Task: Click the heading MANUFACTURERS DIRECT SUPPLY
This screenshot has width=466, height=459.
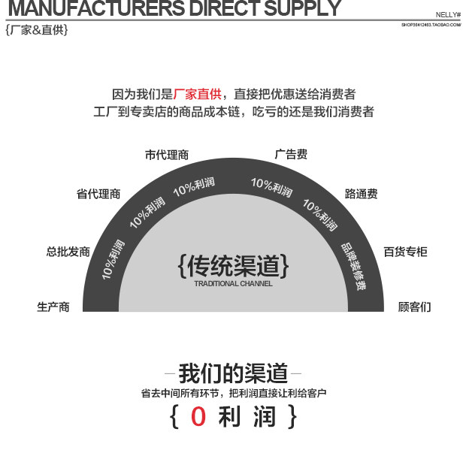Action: click(x=173, y=9)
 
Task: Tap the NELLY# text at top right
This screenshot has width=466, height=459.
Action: click(x=448, y=14)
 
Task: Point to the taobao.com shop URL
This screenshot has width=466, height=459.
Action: click(x=431, y=25)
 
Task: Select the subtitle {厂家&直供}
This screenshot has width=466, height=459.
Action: click(x=36, y=31)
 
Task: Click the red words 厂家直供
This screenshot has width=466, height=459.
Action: click(x=197, y=95)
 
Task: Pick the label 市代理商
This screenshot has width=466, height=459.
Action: click(x=167, y=156)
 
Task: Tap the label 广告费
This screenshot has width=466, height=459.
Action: click(x=291, y=155)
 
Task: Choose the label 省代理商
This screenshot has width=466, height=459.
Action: click(x=98, y=194)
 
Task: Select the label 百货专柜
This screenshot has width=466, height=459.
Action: click(x=405, y=252)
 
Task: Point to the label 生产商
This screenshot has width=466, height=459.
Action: click(x=53, y=307)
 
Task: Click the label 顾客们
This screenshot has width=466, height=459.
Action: click(x=414, y=307)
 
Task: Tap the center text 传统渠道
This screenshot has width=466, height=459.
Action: click(x=233, y=266)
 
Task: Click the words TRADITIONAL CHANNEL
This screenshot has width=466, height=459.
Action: click(x=233, y=284)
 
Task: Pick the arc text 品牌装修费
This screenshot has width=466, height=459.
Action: click(x=353, y=267)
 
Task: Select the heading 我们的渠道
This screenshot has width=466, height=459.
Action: click(x=233, y=373)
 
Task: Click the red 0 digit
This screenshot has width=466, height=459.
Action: click(x=198, y=417)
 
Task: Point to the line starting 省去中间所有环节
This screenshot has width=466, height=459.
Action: click(x=233, y=393)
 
